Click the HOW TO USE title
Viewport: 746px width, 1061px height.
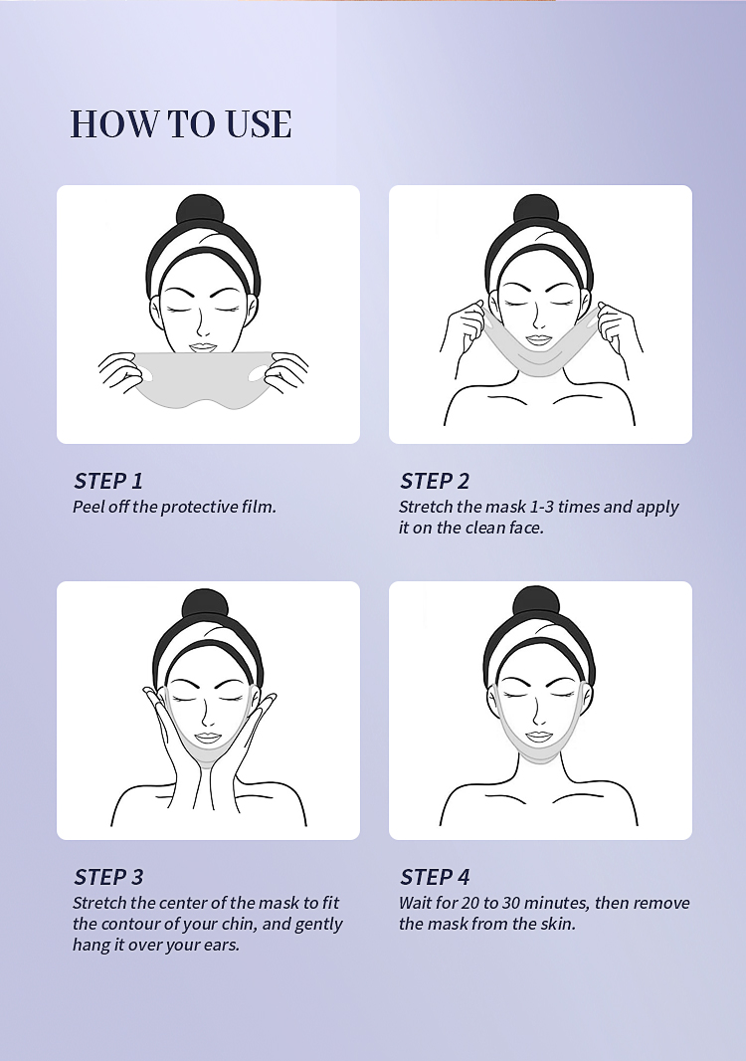coord(181,123)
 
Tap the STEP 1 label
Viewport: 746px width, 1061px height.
coord(108,481)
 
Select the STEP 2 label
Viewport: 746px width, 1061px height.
coord(435,481)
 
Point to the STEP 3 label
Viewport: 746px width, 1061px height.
coord(108,877)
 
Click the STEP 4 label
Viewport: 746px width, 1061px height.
coord(435,877)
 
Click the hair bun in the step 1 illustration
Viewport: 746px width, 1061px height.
coord(200,210)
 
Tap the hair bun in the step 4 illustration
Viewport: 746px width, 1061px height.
coord(536,603)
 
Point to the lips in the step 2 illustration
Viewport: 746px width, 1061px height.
coord(539,339)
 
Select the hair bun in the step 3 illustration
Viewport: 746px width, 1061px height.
coord(205,606)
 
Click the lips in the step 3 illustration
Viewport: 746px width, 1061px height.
coord(208,737)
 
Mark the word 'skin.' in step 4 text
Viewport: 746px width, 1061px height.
coord(558,924)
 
